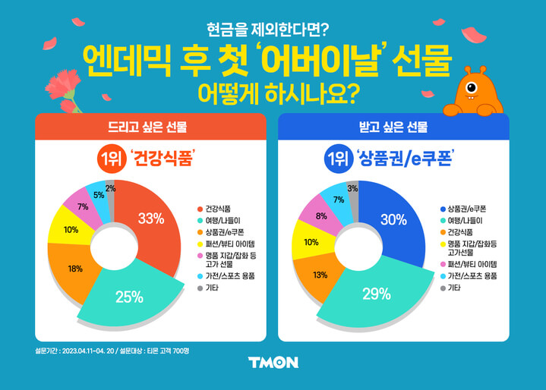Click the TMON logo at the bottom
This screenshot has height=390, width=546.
point(273,363)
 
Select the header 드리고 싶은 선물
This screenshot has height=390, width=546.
point(150,127)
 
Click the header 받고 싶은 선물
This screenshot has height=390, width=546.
point(393,127)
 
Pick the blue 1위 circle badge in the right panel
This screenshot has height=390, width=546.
point(335,161)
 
